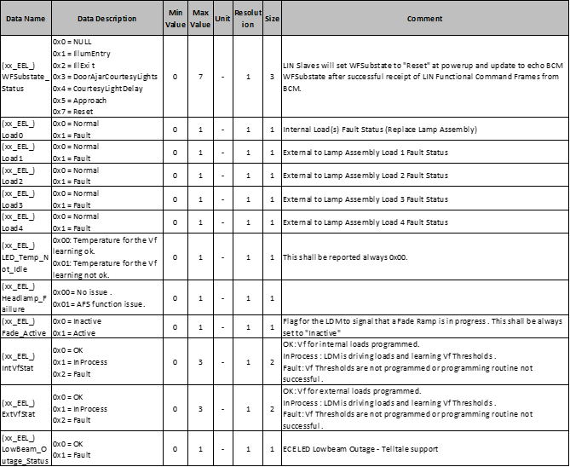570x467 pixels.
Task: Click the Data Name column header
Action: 25,18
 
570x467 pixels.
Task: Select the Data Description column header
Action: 106,18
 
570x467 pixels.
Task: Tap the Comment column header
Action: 423,18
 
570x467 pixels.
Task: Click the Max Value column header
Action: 200,18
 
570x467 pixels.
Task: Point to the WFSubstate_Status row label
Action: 25,76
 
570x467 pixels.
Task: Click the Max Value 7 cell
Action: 200,76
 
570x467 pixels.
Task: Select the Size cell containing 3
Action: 272,76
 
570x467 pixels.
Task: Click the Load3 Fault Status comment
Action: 365,199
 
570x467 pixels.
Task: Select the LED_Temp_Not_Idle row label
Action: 25,257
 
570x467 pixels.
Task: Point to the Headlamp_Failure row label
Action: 25,297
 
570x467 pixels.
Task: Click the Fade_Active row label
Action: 25,327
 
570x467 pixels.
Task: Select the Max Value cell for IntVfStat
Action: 200,362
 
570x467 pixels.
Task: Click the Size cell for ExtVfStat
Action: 272,409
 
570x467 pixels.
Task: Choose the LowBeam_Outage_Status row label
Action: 25,449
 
